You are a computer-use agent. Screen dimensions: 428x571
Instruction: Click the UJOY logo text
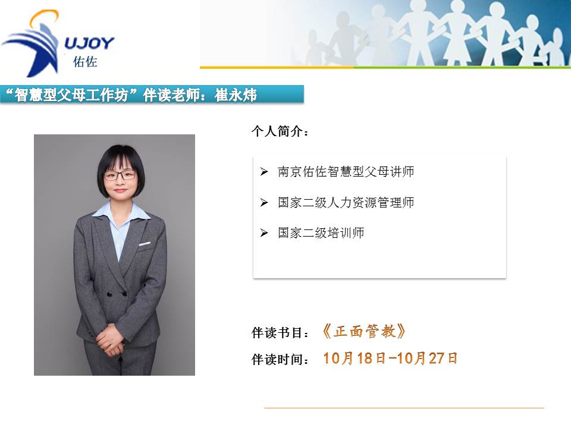coord(89,43)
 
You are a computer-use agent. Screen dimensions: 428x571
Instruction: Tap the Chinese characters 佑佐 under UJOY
coord(85,61)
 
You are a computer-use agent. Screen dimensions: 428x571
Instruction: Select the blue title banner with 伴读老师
coord(152,95)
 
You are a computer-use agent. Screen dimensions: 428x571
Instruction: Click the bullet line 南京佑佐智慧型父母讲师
coord(346,172)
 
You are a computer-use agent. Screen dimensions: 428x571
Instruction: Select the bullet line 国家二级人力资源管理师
coord(346,203)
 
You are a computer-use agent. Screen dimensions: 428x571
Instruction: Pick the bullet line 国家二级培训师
coord(321,233)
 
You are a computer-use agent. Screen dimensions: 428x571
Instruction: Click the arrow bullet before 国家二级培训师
coord(264,233)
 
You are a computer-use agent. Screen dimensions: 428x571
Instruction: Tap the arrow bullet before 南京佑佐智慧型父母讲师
coord(264,172)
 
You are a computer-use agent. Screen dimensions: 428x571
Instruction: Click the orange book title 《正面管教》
coord(363,332)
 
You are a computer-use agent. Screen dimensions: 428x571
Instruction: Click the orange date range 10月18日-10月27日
coord(390,358)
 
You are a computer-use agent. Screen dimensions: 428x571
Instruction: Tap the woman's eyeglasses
coord(120,175)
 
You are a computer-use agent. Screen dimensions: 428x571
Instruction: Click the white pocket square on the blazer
coord(145,243)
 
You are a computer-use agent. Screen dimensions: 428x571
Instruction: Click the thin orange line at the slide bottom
coord(404,408)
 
